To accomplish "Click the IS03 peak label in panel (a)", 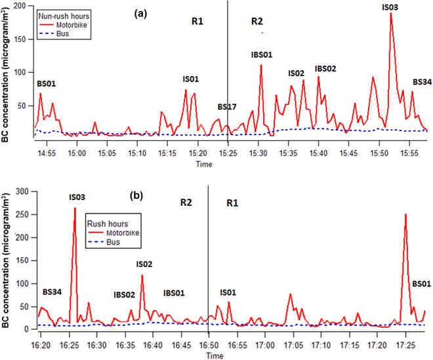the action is click(x=390, y=7).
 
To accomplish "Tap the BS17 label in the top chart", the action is click(x=227, y=107).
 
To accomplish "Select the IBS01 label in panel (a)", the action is click(x=262, y=55).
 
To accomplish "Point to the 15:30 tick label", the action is click(x=258, y=153).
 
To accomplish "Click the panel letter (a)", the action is click(x=140, y=14).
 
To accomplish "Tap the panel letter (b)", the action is click(x=136, y=195).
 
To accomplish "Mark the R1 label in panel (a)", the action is click(x=197, y=21).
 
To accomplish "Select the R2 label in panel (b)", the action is click(x=186, y=203).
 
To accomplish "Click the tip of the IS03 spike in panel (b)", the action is click(x=75, y=208).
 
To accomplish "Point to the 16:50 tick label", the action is click(x=209, y=345).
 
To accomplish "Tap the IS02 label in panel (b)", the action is click(x=144, y=264).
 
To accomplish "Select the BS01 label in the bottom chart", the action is click(x=421, y=284).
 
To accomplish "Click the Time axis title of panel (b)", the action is click(x=215, y=355).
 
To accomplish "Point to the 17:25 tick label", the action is click(x=405, y=345).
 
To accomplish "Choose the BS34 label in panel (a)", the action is click(x=423, y=82).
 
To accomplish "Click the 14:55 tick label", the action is click(x=47, y=153).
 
